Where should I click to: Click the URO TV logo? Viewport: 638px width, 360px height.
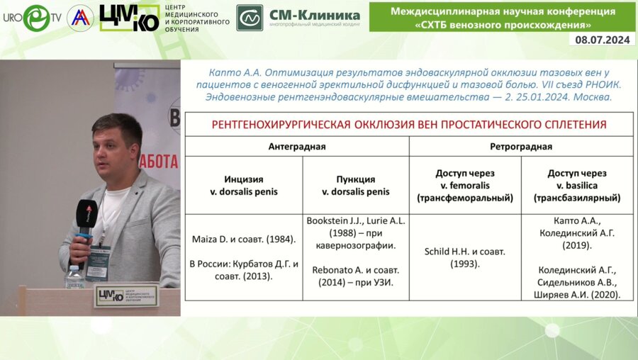(31, 18)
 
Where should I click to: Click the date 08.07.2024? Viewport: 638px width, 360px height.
(603, 40)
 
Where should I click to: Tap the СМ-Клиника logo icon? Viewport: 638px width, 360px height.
(250, 18)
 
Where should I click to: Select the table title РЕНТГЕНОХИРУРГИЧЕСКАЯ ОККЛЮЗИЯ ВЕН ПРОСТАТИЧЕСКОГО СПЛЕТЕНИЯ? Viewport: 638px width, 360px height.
(409, 125)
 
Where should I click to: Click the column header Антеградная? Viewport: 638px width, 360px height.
(296, 147)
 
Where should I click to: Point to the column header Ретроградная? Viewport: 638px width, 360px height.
(521, 147)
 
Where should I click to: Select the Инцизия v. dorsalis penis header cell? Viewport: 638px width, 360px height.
(244, 185)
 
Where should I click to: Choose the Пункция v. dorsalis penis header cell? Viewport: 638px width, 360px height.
(355, 185)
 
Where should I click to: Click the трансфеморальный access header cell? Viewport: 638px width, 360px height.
(465, 185)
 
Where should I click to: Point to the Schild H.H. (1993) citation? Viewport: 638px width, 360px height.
(465, 257)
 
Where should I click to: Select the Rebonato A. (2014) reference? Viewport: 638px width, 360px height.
(355, 276)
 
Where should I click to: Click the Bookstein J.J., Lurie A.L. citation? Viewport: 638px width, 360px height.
(355, 232)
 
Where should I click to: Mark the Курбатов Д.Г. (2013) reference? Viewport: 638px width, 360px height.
(244, 270)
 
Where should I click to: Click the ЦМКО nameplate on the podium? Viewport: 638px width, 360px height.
(126, 295)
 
